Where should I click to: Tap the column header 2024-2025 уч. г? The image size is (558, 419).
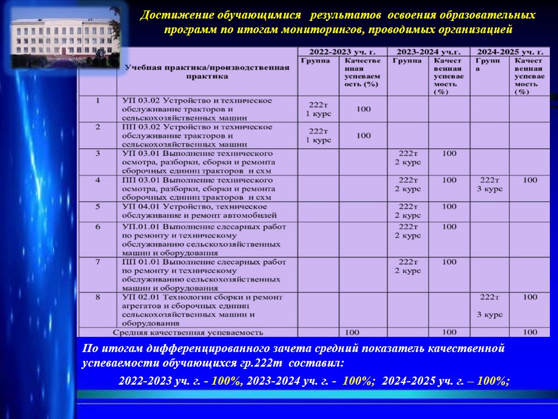(510, 51)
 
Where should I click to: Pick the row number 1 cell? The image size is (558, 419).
(98, 100)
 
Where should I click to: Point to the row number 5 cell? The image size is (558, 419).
(98, 206)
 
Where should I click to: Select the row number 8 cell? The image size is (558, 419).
(98, 297)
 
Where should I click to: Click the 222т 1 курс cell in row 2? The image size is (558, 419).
(319, 136)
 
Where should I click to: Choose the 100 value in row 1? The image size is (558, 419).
(363, 109)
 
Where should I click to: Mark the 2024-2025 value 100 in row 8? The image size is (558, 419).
(530, 297)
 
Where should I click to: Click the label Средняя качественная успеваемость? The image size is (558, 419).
(188, 332)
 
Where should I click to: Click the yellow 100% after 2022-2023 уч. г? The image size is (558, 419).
(226, 381)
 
